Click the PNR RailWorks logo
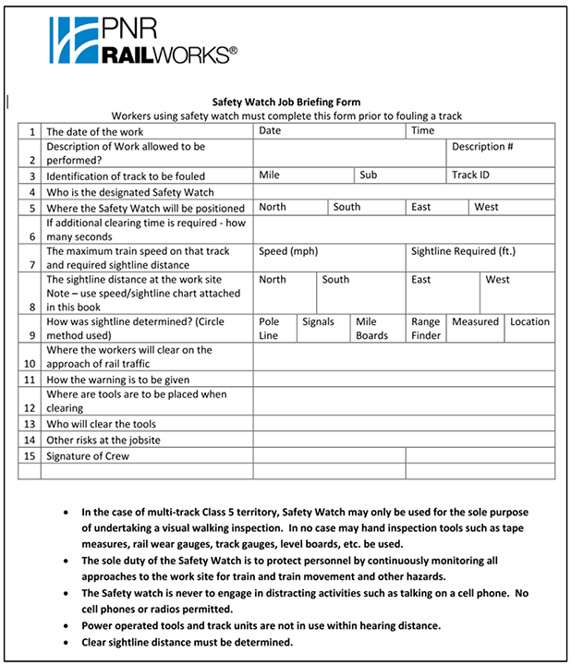[x=143, y=41]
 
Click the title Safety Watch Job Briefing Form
[x=285, y=102]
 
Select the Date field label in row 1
[x=270, y=131]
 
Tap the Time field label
[x=422, y=131]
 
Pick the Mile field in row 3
[x=269, y=175]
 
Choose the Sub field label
[x=369, y=175]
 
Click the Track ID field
[x=470, y=175]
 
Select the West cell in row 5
[x=486, y=207]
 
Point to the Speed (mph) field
[x=288, y=251]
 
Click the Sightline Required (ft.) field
[x=463, y=251]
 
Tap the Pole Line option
[x=269, y=329]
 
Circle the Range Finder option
[x=426, y=329]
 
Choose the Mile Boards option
[x=372, y=329]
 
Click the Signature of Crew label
[x=88, y=456]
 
